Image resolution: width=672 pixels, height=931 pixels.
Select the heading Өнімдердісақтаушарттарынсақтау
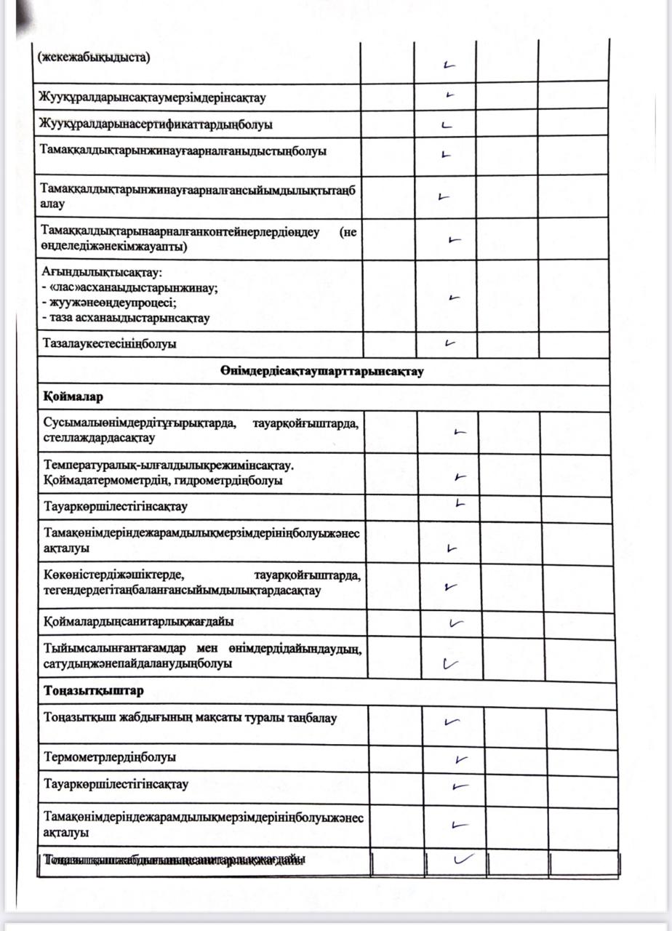(322, 372)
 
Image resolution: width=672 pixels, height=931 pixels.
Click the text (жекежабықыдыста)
(94, 57)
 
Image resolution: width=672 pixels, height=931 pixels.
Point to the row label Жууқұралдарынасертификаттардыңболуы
(158, 124)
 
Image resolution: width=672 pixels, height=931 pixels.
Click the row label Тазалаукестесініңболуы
(109, 343)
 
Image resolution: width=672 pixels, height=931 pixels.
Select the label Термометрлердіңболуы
(110, 756)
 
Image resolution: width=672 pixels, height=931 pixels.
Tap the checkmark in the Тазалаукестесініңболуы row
(450, 343)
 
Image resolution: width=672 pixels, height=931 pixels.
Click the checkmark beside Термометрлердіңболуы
(460, 759)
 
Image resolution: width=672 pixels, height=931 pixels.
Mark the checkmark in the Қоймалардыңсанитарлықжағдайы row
(456, 623)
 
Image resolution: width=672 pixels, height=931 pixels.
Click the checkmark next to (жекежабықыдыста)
(448, 65)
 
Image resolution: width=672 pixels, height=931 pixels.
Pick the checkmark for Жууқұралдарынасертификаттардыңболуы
(447, 124)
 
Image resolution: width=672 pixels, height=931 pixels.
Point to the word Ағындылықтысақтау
(102, 273)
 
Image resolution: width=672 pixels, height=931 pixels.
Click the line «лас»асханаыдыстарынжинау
(131, 287)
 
